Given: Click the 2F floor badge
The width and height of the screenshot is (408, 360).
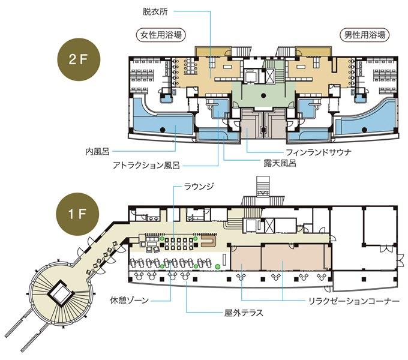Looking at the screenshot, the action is click(x=78, y=60).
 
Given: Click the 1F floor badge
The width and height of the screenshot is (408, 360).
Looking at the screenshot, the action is click(x=78, y=214).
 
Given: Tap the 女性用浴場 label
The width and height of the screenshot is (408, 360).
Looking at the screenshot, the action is click(x=161, y=35).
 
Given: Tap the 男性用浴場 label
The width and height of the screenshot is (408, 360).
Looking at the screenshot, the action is click(x=365, y=35).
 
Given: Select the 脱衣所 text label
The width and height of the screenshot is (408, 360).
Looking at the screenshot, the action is click(x=155, y=12).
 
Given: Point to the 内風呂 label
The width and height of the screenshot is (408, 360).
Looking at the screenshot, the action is click(x=97, y=151).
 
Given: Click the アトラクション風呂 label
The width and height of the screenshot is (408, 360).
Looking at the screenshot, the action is click(x=146, y=165).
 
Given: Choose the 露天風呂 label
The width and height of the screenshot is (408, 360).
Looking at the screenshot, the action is click(x=280, y=163).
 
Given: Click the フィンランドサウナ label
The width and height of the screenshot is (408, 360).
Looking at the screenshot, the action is click(x=319, y=152).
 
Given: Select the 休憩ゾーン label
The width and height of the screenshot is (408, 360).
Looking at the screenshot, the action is click(x=130, y=301).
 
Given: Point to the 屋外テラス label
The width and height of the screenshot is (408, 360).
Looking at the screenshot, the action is click(x=244, y=312).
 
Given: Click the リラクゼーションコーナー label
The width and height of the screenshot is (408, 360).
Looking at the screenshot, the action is click(x=353, y=301).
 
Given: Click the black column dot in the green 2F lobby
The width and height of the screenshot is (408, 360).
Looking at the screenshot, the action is click(x=263, y=96).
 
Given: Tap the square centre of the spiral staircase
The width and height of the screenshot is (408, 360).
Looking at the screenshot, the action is click(x=61, y=293).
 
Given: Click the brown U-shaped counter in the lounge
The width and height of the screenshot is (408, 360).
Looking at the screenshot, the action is click(x=209, y=241).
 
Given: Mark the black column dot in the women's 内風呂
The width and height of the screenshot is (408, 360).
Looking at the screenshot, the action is click(x=163, y=129).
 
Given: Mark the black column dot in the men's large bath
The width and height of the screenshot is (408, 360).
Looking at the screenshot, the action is click(x=364, y=130).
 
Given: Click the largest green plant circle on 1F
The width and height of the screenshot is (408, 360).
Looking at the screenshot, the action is click(x=218, y=266).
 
